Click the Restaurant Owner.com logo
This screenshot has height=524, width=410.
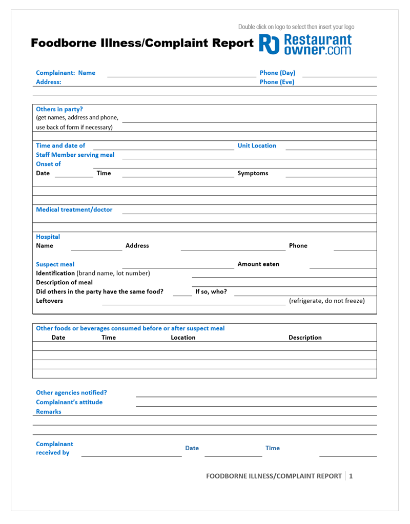[x=306, y=44]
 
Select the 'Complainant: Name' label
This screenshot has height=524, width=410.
[x=66, y=73]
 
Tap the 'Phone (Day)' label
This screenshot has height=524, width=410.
[x=277, y=73]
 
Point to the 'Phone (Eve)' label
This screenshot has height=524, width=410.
[x=277, y=81]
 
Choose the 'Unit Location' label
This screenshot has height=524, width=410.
[x=257, y=145]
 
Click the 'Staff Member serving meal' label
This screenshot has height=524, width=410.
[x=75, y=155]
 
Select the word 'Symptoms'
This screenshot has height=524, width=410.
[x=253, y=173]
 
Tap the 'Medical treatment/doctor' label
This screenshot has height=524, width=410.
[x=74, y=209]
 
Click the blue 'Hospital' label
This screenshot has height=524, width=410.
[x=48, y=237]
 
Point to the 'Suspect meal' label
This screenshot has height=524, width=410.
[x=55, y=264]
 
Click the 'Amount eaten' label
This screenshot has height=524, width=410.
[x=258, y=264]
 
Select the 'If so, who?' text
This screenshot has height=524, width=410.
[x=211, y=292]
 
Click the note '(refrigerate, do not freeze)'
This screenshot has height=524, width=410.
[x=327, y=301]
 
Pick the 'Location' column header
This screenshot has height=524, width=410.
[x=183, y=338]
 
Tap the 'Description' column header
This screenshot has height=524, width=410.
[x=305, y=338]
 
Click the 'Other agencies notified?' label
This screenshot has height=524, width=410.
[x=71, y=393]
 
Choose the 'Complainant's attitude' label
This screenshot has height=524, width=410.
[x=69, y=402]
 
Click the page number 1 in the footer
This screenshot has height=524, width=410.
[x=351, y=476]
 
